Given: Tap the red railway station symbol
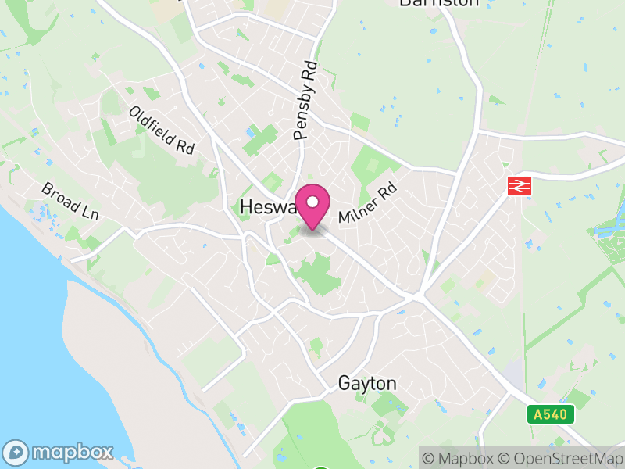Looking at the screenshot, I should point(517,186).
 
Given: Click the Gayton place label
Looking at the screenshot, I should point(367,384).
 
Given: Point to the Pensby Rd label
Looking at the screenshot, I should point(306,101).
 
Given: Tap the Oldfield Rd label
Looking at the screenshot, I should point(162,130).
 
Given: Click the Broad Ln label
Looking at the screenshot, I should point(70,202).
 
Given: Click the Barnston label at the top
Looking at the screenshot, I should point(438,2).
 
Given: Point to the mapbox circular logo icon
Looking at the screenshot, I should point(16,452).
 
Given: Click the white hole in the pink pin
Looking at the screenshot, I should point(313,202).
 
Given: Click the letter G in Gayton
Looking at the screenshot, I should point(345,384).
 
